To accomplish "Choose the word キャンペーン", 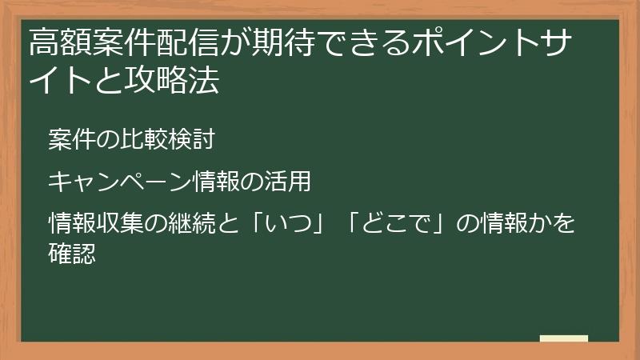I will coord(119,182).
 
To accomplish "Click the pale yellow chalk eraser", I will coord(563,339).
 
